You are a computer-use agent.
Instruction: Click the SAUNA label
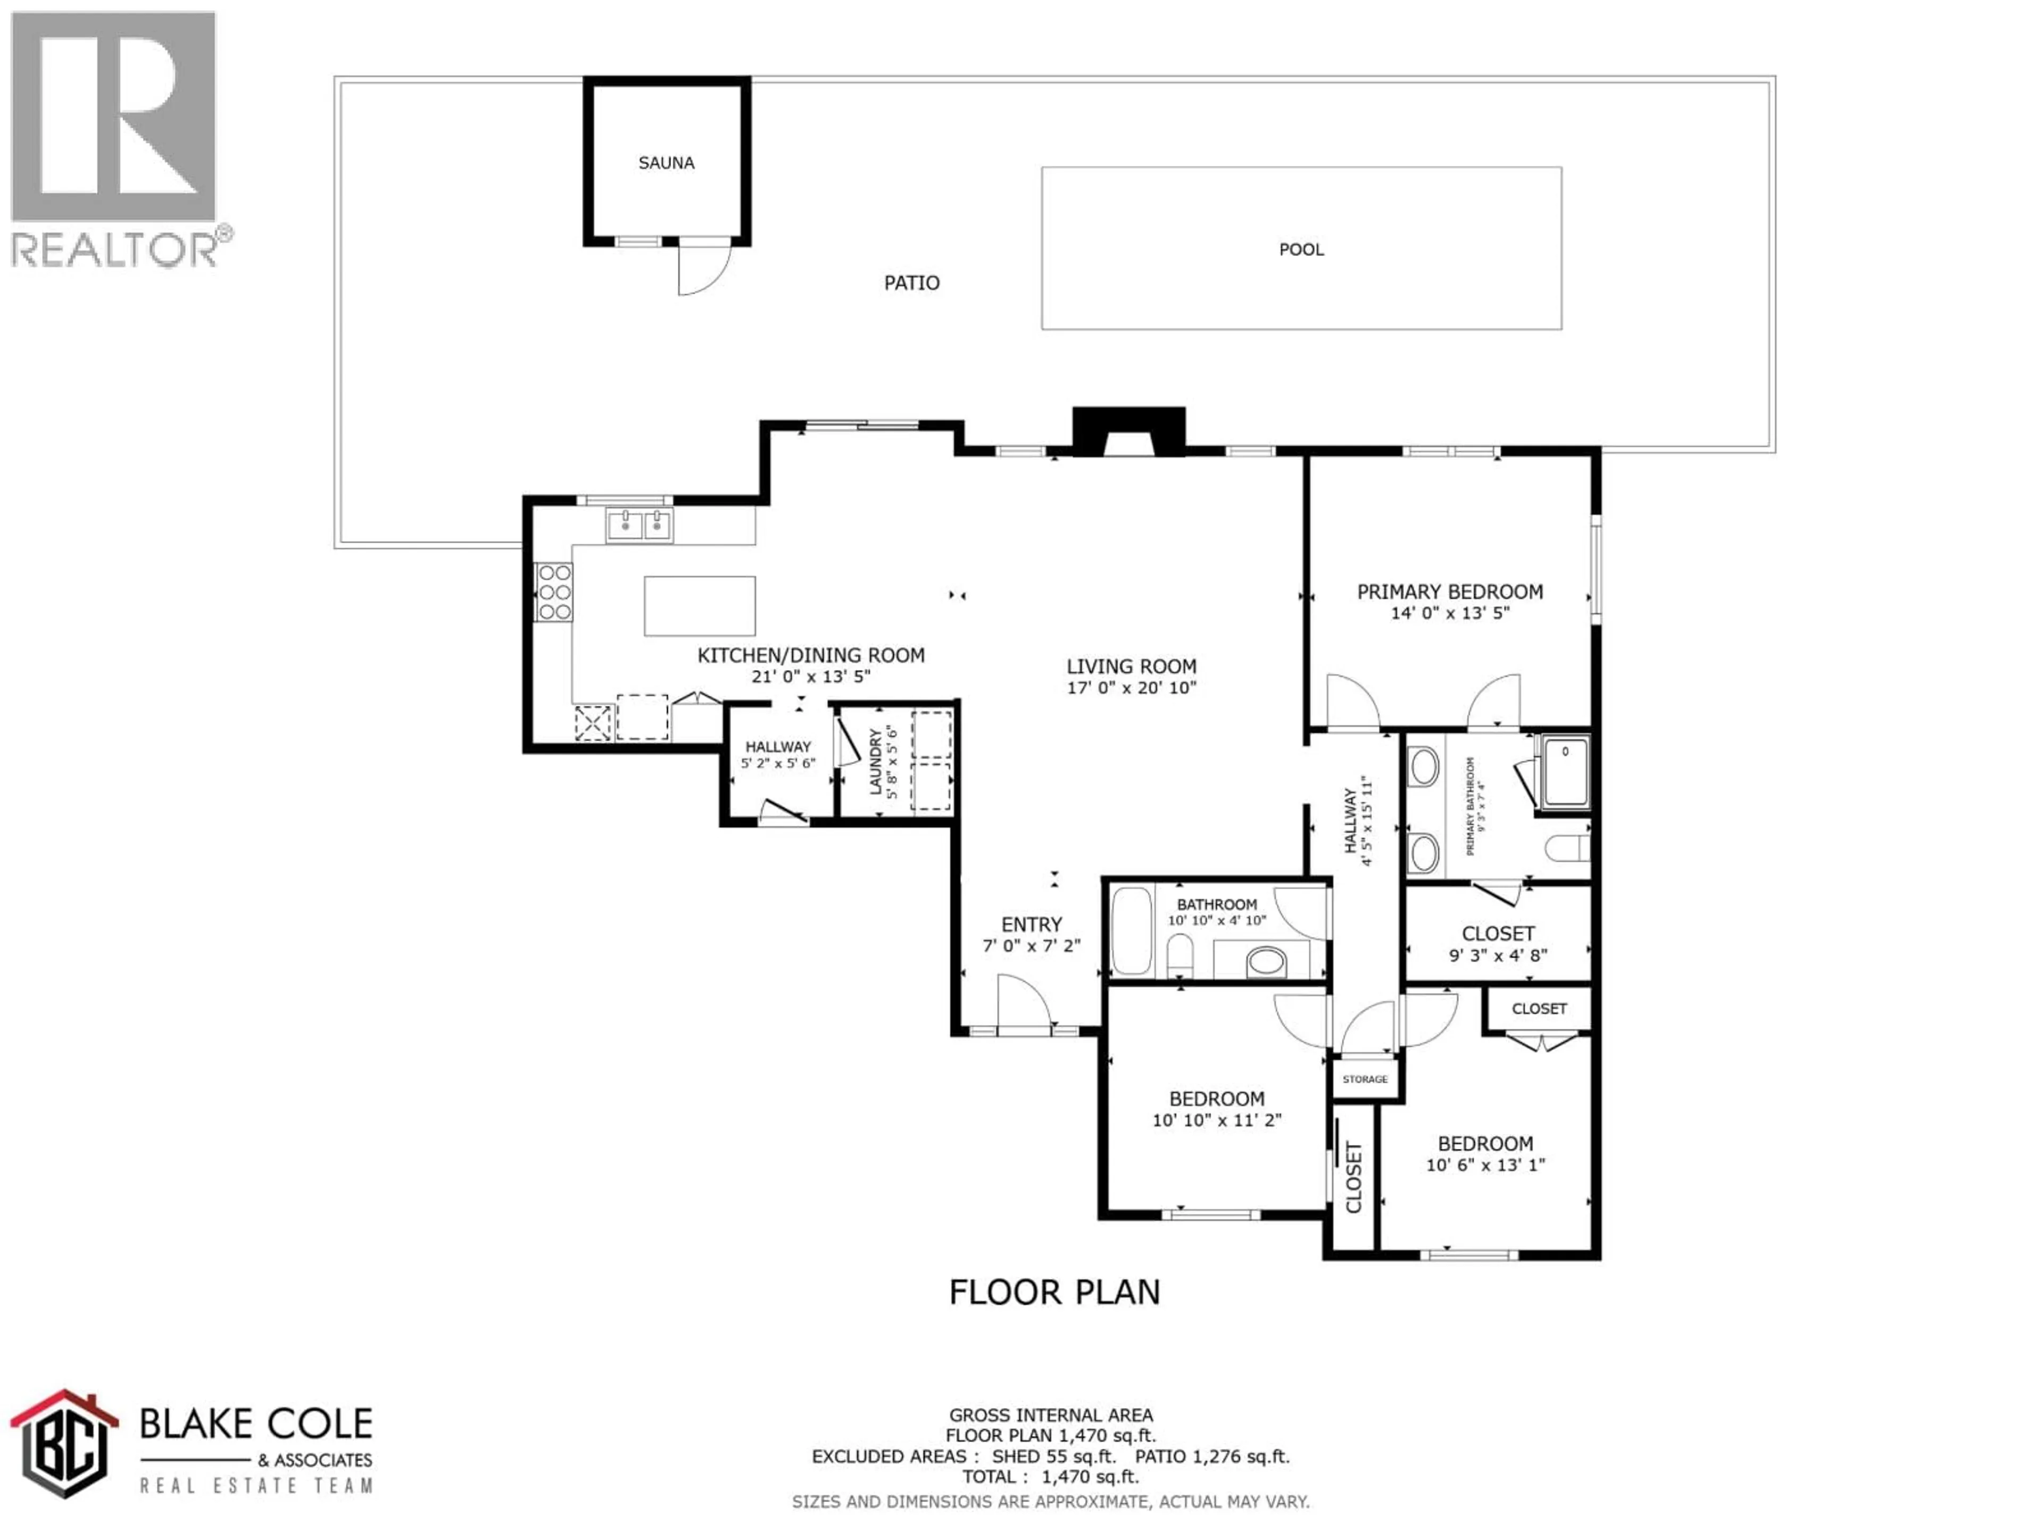[666, 163]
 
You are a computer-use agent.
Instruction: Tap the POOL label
[1300, 249]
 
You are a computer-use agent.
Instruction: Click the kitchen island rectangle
[699, 606]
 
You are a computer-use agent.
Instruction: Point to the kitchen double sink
[639, 524]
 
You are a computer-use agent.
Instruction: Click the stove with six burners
[554, 592]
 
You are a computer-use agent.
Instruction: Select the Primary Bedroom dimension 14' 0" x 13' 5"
[1449, 613]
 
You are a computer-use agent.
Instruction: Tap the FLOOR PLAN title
[1054, 1292]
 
